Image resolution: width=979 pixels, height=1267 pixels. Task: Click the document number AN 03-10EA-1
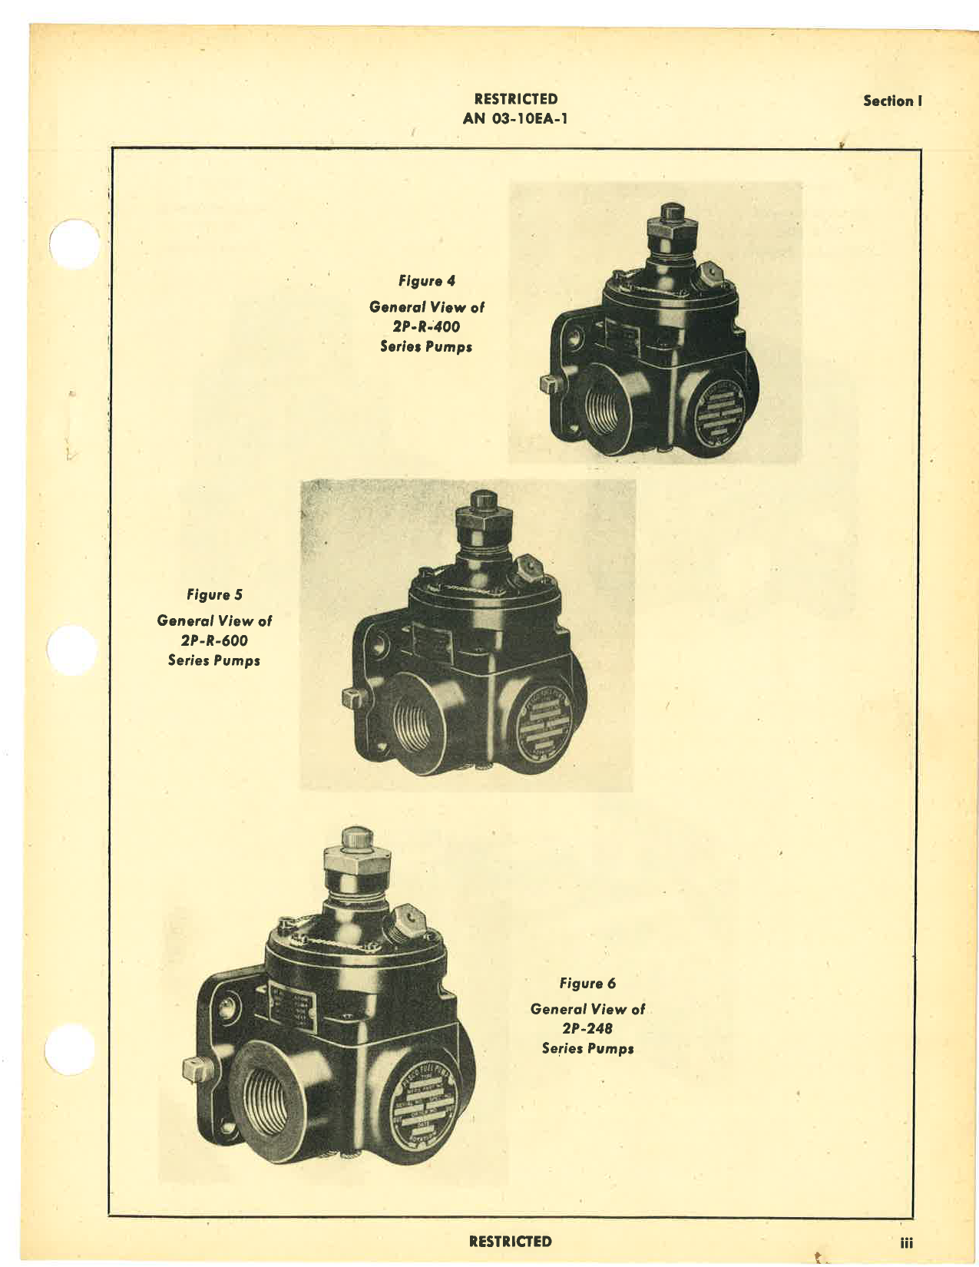[515, 118]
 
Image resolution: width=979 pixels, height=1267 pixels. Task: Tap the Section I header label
[891, 101]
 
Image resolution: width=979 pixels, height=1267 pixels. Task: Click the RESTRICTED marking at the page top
[515, 99]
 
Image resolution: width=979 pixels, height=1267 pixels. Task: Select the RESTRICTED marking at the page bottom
[510, 1241]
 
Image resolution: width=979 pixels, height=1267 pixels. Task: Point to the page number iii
[907, 1242]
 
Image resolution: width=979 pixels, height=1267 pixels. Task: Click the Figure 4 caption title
[426, 281]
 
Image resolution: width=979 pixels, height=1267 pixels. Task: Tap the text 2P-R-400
[426, 326]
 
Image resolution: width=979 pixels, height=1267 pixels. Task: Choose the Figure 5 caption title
[214, 594]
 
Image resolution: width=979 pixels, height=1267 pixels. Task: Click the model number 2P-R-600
[214, 640]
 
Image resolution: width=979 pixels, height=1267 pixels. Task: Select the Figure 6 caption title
[587, 983]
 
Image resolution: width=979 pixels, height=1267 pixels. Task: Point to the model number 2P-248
[587, 1028]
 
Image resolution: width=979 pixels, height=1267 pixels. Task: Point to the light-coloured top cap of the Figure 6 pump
[356, 839]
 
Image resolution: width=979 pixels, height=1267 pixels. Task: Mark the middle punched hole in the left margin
[72, 651]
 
